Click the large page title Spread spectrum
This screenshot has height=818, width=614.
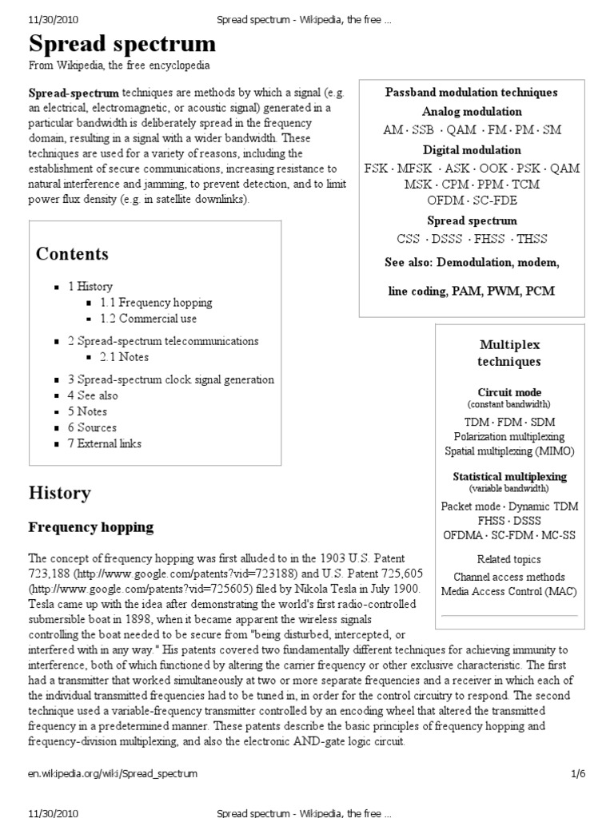(122, 43)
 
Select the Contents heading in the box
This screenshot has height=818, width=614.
(72, 254)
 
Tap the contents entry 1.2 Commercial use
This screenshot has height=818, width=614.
(148, 319)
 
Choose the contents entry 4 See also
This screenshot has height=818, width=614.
(93, 395)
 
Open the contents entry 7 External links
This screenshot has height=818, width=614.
(105, 443)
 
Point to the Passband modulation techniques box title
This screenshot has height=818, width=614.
(472, 93)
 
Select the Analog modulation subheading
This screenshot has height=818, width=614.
(472, 112)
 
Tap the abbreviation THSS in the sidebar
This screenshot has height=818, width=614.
(532, 239)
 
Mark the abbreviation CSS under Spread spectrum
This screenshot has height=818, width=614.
(408, 239)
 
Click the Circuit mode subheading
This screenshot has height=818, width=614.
(509, 392)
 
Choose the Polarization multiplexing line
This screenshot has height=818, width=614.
(509, 437)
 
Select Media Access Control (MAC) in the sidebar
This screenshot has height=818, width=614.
(509, 592)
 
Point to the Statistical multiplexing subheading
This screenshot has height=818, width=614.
(509, 476)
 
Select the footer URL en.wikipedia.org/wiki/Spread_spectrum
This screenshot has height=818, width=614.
(113, 773)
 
